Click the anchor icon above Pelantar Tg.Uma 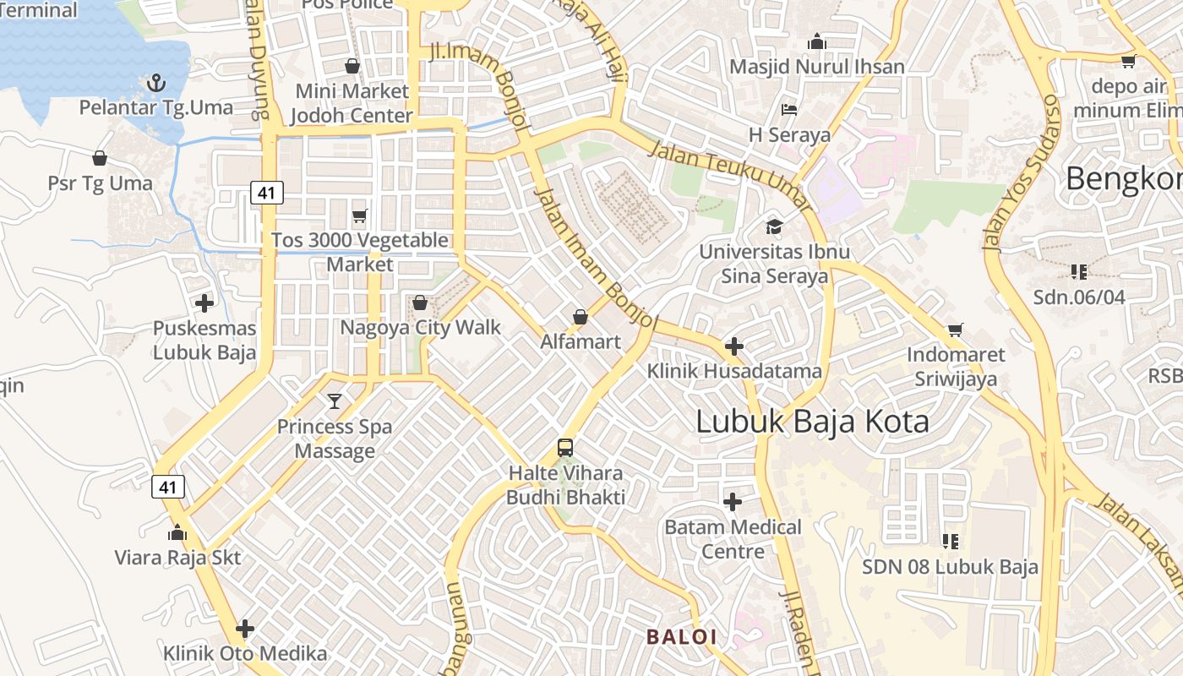[155, 83]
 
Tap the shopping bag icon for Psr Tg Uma [100, 158]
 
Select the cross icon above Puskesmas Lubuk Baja [204, 303]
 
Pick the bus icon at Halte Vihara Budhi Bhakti [565, 448]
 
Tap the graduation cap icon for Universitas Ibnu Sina [774, 226]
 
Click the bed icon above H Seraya [789, 110]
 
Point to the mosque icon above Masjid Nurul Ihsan [816, 41]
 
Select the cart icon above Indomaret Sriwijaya [956, 330]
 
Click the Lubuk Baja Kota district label [812, 422]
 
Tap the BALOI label [681, 636]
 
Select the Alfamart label [581, 342]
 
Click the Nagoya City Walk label [420, 327]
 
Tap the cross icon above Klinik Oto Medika [245, 629]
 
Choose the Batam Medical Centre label [733, 539]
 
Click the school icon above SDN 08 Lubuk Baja [951, 541]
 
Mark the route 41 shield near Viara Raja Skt [169, 487]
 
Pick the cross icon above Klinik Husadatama [734, 346]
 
